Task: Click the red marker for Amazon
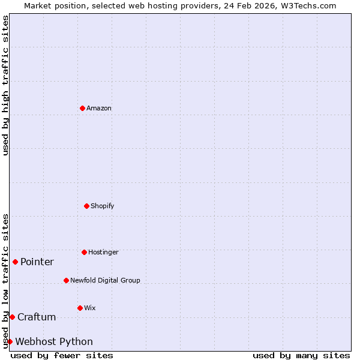[82, 108]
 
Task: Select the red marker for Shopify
[86, 206]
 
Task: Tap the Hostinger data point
[84, 252]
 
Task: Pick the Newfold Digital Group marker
[66, 280]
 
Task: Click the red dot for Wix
[80, 308]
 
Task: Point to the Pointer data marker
[15, 262]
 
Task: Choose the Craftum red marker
[12, 317]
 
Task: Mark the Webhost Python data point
[10, 341]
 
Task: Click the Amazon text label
[99, 108]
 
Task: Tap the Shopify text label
[103, 206]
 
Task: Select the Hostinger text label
[103, 252]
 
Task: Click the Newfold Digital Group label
[105, 280]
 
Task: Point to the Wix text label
[90, 308]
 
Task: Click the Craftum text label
[37, 317]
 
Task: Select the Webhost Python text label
[54, 341]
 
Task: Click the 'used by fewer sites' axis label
[62, 355]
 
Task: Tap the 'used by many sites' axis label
[301, 355]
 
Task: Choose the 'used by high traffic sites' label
[5, 85]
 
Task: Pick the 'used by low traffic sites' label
[5, 280]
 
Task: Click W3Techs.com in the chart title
[307, 5]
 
